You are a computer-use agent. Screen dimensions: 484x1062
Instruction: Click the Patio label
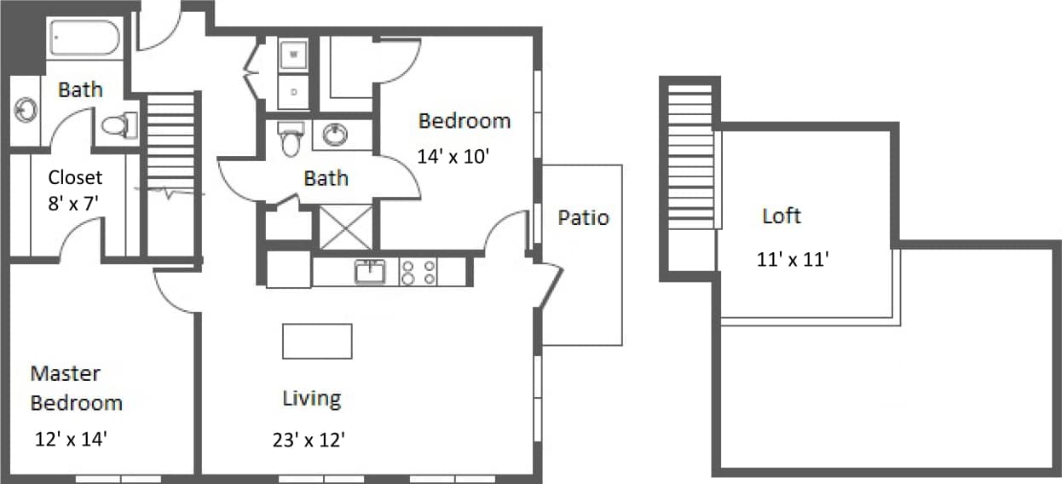tap(584, 217)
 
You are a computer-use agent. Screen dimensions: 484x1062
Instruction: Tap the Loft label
tap(782, 216)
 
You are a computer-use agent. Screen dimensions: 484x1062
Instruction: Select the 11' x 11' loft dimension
tap(793, 260)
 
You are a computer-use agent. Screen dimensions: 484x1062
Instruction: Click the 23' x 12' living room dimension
tap(309, 441)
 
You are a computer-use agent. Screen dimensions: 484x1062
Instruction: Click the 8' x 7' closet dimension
tap(75, 205)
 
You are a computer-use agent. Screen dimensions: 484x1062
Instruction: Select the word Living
tap(312, 398)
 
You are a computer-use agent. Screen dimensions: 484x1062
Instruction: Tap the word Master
tap(66, 373)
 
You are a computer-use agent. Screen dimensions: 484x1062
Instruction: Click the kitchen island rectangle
tap(317, 341)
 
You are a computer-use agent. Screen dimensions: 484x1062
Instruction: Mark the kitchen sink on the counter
tap(370, 272)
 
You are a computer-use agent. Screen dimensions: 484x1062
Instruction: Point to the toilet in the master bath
tap(119, 126)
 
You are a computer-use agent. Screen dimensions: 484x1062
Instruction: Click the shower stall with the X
tap(345, 228)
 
